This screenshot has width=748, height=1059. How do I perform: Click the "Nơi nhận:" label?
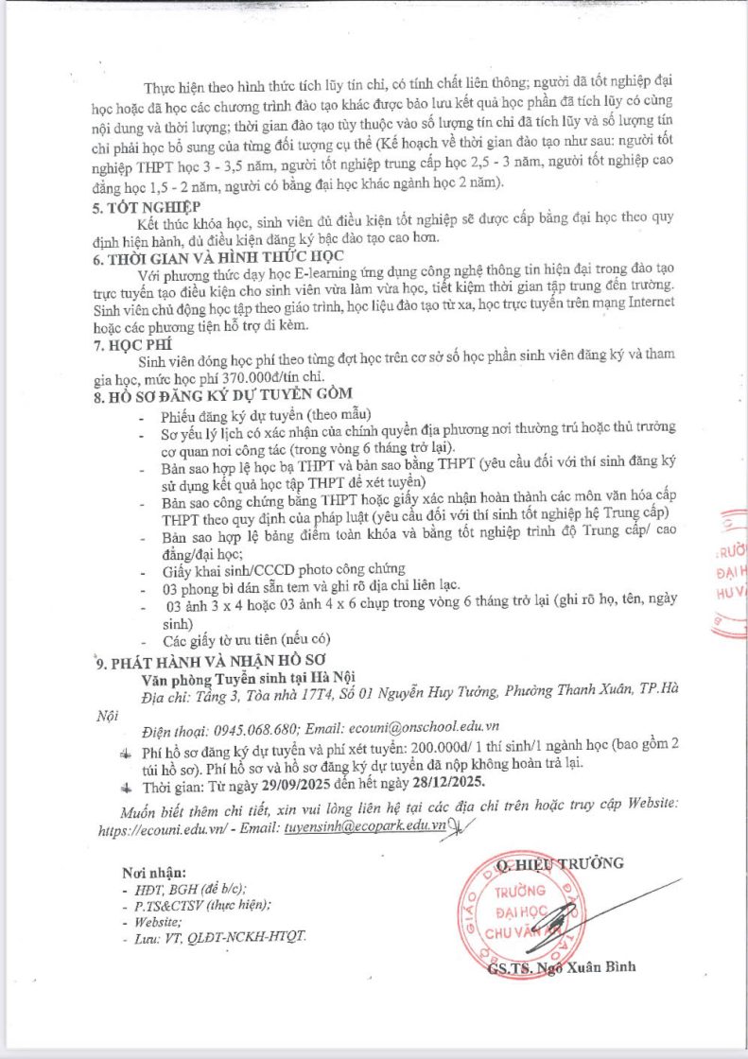click(x=154, y=872)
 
